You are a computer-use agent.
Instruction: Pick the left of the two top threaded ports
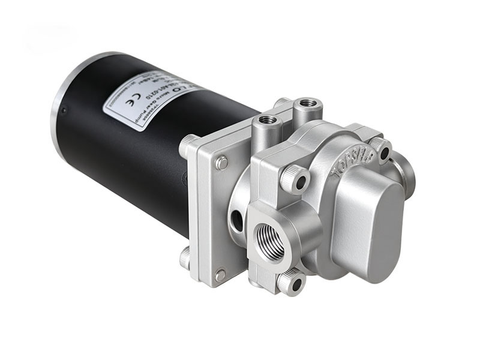(266, 122)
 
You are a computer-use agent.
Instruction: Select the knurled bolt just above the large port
(296, 179)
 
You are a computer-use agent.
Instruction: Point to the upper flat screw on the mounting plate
(222, 162)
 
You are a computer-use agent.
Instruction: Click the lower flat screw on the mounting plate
(221, 275)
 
